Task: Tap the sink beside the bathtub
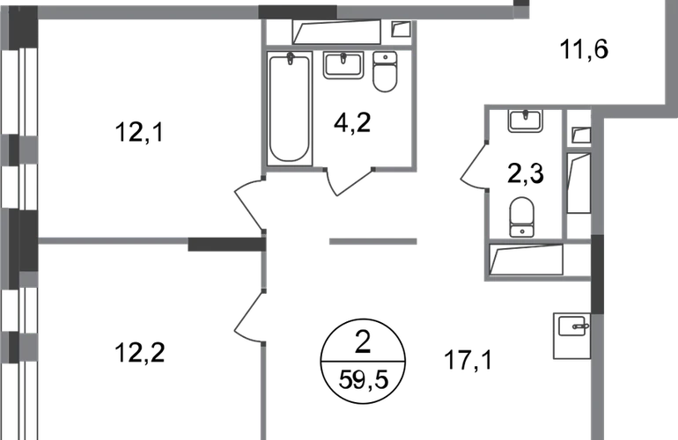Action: (x=343, y=66)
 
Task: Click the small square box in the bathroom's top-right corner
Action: (x=400, y=31)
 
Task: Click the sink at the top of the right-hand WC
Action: (x=524, y=121)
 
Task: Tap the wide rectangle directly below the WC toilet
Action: (x=526, y=260)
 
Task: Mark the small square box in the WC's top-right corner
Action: (x=580, y=134)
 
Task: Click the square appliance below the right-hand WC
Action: (x=570, y=335)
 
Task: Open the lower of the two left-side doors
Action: (x=249, y=315)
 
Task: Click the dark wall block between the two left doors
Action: (x=225, y=242)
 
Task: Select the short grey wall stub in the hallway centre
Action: (x=372, y=242)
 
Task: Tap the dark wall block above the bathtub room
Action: (x=298, y=10)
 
